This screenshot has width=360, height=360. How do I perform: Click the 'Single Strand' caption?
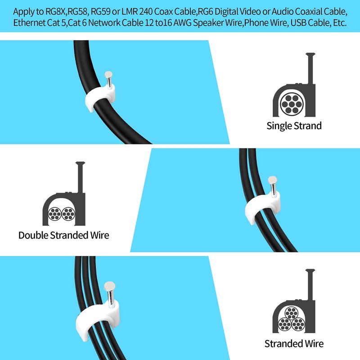(294, 126)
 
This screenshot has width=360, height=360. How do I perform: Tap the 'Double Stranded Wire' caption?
(63, 235)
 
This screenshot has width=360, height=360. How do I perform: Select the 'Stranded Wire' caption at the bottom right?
(294, 344)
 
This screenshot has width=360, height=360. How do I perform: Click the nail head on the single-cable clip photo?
(108, 75)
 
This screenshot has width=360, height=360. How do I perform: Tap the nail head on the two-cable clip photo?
(272, 180)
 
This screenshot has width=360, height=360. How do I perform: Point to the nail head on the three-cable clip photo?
(109, 286)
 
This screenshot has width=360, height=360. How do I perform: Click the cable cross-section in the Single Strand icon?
(292, 104)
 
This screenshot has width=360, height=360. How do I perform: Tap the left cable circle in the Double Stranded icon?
(54, 214)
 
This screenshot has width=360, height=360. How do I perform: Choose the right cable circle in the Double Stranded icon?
(68, 214)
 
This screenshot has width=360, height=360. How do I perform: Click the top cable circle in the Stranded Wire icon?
(291, 314)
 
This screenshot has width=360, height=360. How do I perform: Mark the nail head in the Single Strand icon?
(310, 54)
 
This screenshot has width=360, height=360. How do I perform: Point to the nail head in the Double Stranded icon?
(80, 163)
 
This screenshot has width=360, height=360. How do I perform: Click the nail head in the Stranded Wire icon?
(310, 271)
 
